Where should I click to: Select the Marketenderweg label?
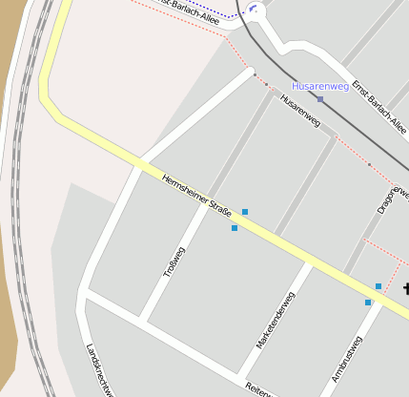pos(275,319)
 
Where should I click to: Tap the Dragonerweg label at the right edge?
pos(392,197)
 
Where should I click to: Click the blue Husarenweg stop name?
pos(320,86)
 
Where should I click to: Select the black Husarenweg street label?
pos(298,112)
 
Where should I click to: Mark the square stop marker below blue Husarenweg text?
pos(320,98)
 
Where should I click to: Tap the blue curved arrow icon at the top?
pos(254,10)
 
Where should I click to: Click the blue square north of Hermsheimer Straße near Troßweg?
pos(245,211)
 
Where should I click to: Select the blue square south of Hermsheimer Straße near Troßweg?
pos(235,228)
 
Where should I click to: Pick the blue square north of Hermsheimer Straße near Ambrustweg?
pos(378,285)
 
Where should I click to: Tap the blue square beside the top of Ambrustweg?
pos(368,303)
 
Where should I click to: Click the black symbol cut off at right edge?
pos(405,290)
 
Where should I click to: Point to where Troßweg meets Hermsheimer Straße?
pos(205,207)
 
